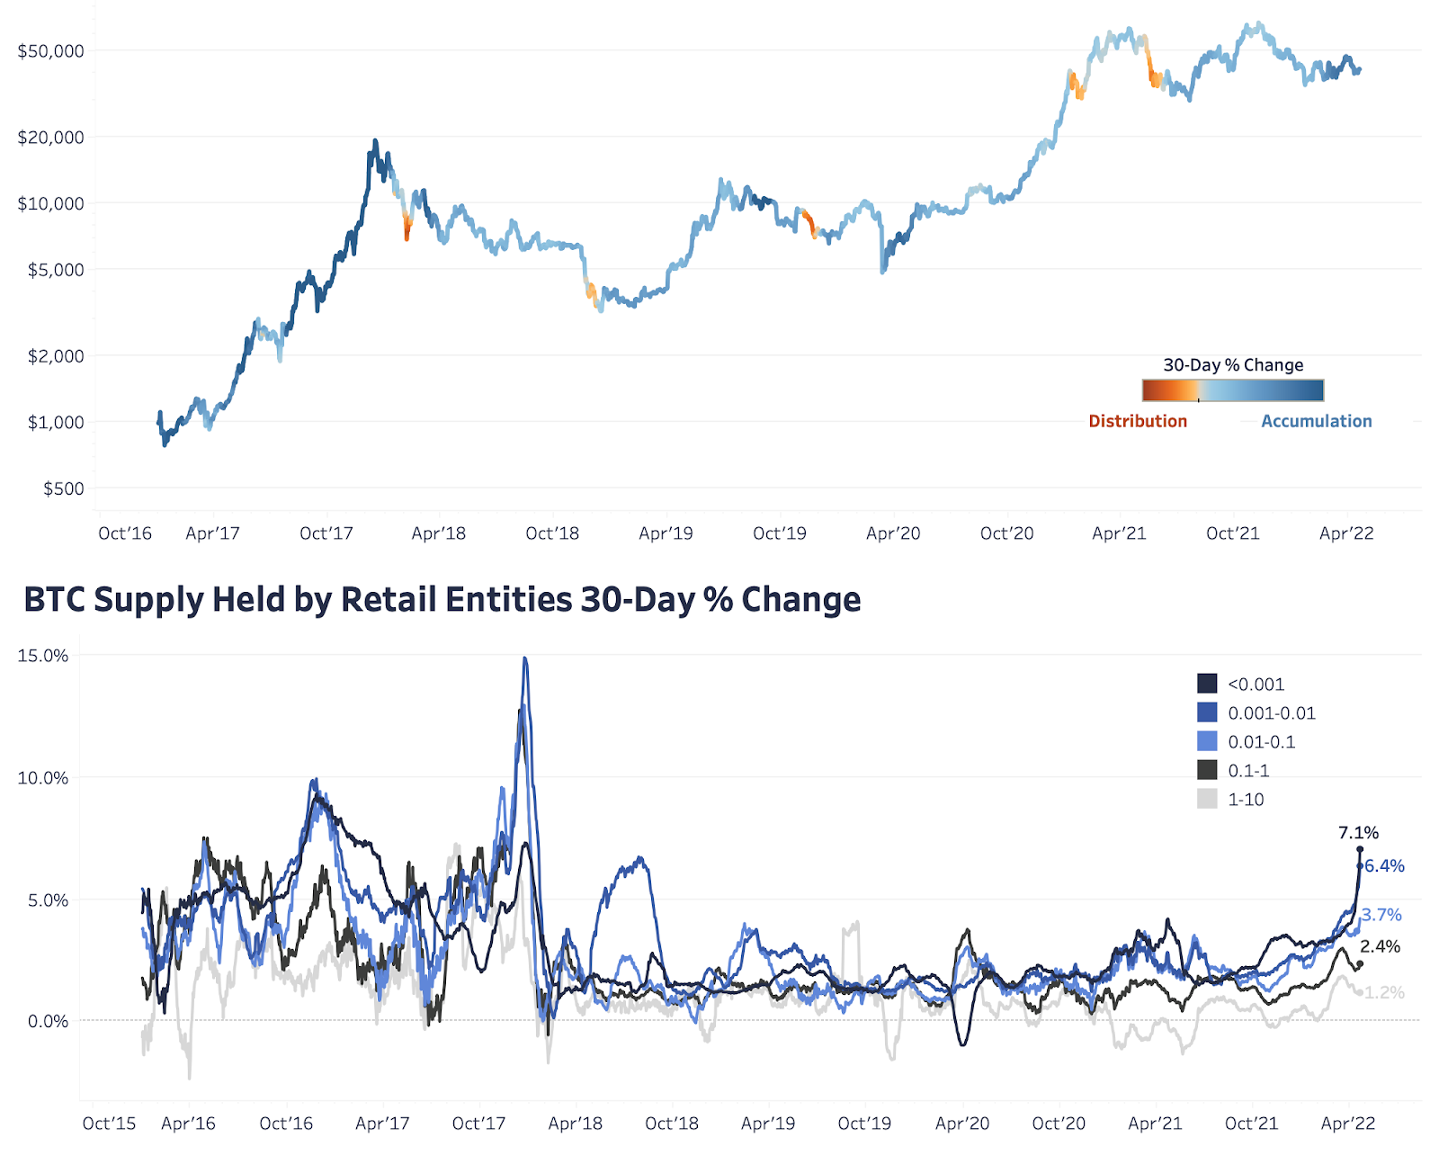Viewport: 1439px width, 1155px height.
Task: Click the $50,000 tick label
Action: [51, 51]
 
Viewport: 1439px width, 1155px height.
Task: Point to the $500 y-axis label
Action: [64, 488]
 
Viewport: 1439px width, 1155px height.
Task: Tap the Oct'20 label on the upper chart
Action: [1006, 533]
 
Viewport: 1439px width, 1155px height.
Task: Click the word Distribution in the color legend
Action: [1138, 421]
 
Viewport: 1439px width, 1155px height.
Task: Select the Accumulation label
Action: [1316, 421]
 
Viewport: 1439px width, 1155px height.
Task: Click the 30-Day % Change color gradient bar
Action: [1233, 390]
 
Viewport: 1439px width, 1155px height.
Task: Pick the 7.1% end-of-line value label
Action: [1358, 833]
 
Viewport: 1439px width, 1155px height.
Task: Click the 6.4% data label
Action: [1384, 866]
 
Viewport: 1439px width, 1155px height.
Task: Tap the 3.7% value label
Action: [1381, 915]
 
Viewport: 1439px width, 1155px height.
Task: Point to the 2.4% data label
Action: [1380, 946]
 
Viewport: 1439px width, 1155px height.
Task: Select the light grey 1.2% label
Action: [1384, 992]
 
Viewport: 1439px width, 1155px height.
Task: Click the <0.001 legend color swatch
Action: [1207, 684]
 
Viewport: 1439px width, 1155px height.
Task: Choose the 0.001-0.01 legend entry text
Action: [1272, 713]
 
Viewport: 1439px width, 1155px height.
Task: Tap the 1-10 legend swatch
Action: [1207, 799]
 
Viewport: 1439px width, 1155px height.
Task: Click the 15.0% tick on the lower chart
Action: [43, 656]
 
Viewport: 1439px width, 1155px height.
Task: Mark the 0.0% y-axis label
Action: [48, 1021]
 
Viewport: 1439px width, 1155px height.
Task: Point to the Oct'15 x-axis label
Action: [109, 1124]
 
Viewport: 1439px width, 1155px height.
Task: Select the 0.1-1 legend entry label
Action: [1248, 771]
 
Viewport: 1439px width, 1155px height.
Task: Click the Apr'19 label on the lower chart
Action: [767, 1124]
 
